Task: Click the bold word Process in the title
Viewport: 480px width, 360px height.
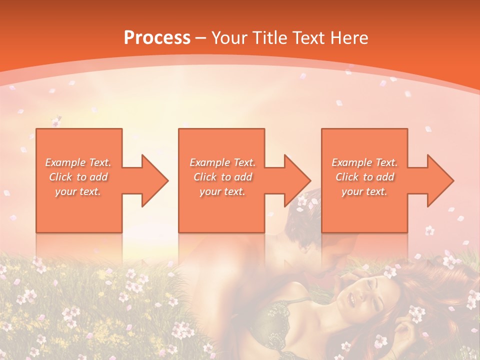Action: [157, 38]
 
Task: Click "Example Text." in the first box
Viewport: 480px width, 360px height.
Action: [78, 162]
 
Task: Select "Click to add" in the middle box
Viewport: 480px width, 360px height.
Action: [222, 177]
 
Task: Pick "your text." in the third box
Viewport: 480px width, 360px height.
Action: [364, 191]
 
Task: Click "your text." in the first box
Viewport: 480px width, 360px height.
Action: [78, 191]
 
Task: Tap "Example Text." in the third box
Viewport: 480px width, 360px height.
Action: [364, 162]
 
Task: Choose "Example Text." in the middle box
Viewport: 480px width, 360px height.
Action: [222, 162]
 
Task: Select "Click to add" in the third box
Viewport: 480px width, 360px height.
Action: [364, 177]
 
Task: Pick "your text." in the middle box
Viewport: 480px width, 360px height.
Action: [222, 191]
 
